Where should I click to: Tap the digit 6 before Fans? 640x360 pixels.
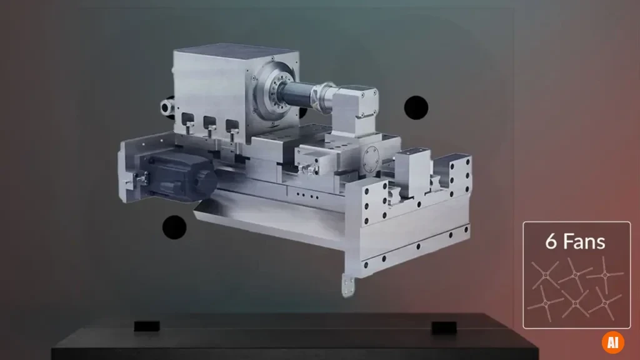point(551,241)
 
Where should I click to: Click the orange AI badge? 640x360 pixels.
point(612,342)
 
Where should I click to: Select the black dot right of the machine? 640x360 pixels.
point(416,107)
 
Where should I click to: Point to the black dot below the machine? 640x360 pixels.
point(174,227)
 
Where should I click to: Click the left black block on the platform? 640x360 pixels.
point(147,326)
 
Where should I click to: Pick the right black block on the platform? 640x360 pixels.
point(444,327)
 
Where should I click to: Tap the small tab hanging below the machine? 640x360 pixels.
point(348,285)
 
